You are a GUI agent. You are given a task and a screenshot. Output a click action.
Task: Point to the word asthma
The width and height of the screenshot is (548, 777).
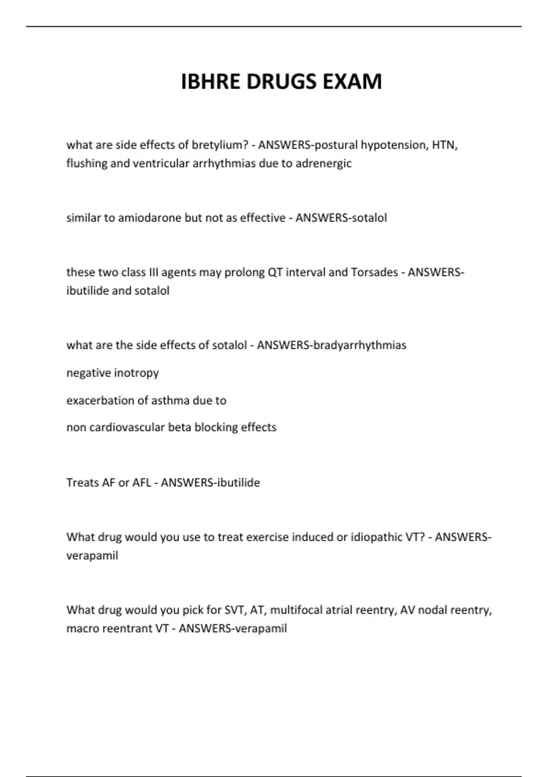click(170, 400)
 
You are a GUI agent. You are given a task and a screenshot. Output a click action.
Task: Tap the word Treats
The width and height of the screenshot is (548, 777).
click(82, 483)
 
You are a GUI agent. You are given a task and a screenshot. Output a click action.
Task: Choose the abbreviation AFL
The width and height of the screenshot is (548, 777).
click(142, 483)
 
